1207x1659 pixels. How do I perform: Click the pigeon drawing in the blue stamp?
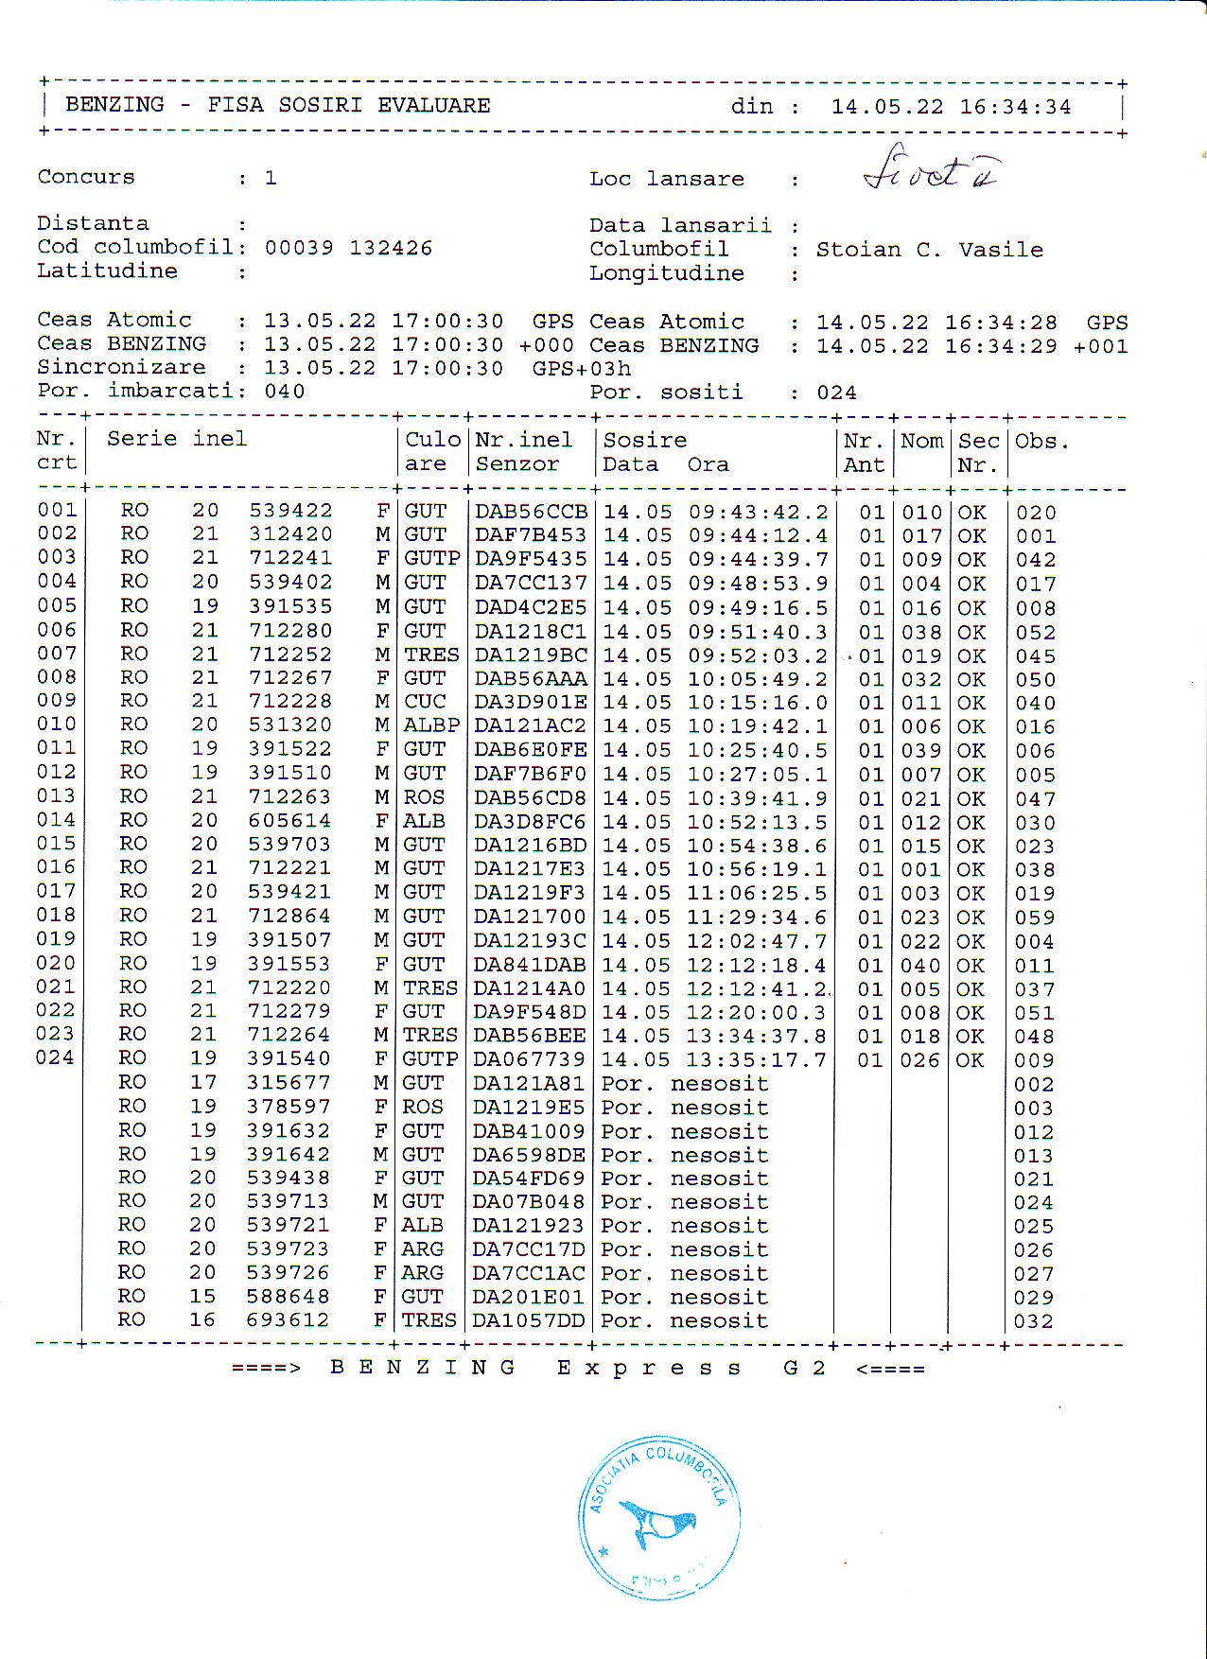point(659,1523)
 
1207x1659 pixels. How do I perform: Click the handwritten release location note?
point(933,170)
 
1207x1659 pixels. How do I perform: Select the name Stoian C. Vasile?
point(929,250)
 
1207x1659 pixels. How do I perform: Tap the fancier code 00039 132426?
point(348,248)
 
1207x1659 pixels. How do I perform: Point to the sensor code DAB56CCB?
point(531,512)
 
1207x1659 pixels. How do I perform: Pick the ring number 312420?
point(290,534)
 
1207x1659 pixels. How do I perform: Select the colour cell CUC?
point(425,702)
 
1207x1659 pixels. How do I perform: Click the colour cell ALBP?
point(431,725)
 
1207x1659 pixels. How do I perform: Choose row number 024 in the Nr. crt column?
point(55,1057)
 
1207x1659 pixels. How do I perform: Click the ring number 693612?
point(288,1320)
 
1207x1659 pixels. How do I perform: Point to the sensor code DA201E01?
point(528,1297)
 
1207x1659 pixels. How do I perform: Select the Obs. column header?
point(1041,442)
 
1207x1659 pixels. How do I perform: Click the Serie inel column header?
point(176,439)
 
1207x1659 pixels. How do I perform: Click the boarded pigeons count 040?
point(285,392)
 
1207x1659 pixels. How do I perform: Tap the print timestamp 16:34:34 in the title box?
point(1015,107)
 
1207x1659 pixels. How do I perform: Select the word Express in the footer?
point(648,1369)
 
